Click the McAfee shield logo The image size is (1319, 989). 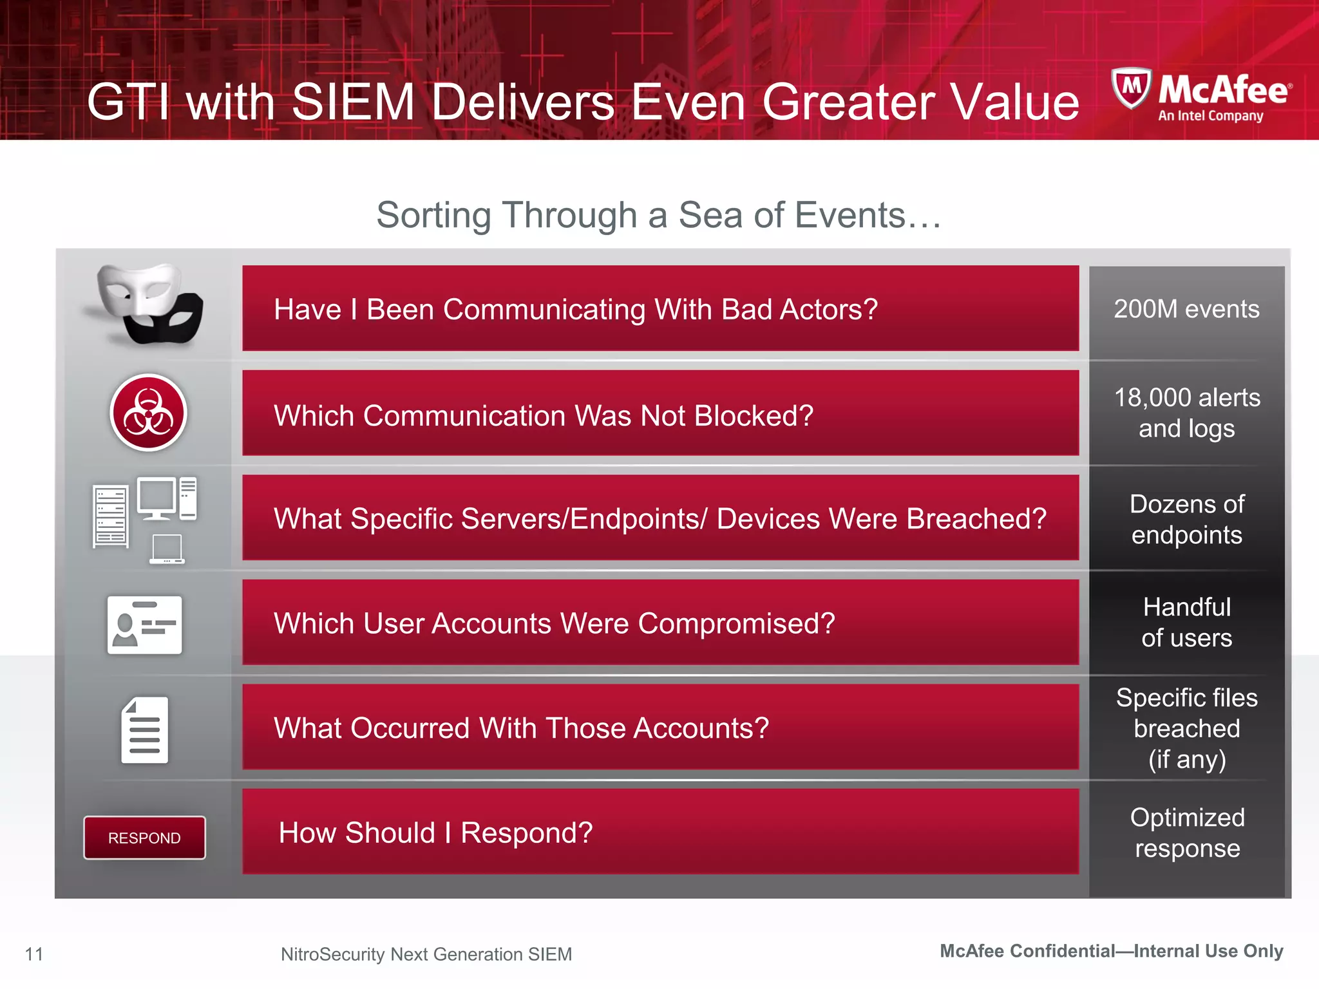click(x=1130, y=88)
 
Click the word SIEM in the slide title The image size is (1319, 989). click(x=353, y=102)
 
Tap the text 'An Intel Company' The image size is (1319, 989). click(x=1210, y=117)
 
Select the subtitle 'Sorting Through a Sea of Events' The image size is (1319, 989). click(x=658, y=215)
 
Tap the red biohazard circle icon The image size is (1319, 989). click(x=149, y=413)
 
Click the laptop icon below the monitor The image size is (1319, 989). click(x=167, y=549)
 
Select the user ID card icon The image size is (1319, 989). click(x=145, y=625)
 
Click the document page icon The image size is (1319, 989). click(x=145, y=730)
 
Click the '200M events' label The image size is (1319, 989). click(x=1186, y=310)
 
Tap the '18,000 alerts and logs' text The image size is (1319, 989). click(x=1186, y=413)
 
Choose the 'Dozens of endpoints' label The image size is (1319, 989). click(x=1186, y=519)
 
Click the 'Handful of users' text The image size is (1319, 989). click(x=1186, y=622)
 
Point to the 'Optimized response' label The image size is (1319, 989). click(x=1186, y=833)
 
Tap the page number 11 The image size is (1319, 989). click(x=34, y=954)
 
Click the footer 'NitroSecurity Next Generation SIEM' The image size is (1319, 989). click(x=426, y=954)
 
